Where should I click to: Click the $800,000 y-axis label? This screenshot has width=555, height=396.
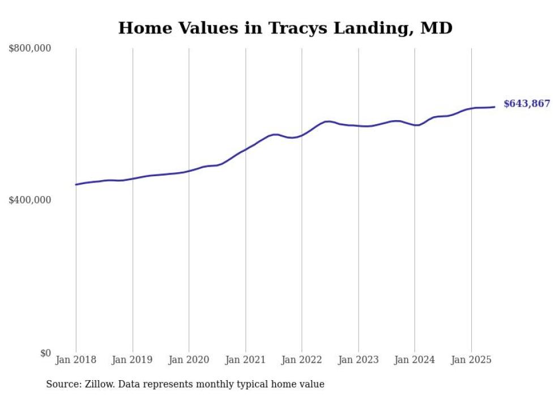coord(30,49)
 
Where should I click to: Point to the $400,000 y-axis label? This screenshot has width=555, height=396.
coord(30,200)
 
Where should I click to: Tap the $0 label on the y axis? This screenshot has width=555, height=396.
coord(46,353)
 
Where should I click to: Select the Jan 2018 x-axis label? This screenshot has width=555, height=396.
coord(76,360)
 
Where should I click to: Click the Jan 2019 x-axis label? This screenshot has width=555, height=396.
coord(133,360)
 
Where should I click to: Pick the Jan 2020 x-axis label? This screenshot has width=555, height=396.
coord(189,360)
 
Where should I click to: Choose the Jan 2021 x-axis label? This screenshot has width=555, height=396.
coord(245,360)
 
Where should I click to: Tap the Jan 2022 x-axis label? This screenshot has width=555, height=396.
coord(302,360)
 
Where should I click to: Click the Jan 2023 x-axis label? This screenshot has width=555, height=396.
coord(358,360)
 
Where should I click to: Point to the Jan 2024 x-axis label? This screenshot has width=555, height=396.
coord(415,360)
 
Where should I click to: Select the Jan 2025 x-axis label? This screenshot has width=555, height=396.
coord(471,360)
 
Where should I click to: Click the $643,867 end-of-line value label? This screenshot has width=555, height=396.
coord(527,104)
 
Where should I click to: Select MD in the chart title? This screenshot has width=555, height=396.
coord(437,28)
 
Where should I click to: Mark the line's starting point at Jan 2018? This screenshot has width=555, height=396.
coord(76,185)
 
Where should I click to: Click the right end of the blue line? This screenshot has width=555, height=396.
coord(494,107)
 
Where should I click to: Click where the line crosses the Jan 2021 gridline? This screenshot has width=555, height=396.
coord(245,150)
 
